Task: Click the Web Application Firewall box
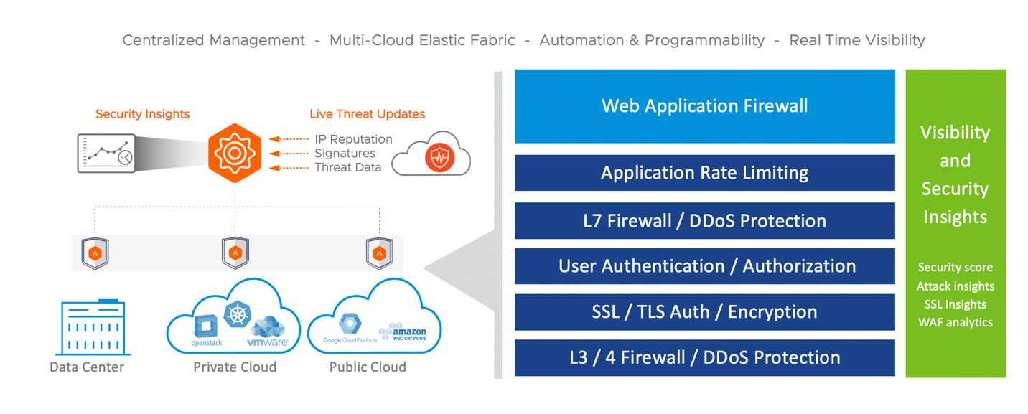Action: click(x=704, y=106)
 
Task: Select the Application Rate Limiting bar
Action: click(x=704, y=173)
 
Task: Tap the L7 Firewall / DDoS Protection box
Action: click(x=704, y=220)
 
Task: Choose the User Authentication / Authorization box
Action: click(x=704, y=266)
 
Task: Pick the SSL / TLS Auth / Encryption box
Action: click(x=704, y=312)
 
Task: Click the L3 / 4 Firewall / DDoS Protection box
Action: click(x=704, y=357)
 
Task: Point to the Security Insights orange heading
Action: click(x=142, y=114)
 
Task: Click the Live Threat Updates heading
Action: click(x=367, y=114)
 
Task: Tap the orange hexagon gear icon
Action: click(x=234, y=153)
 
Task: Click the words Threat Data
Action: click(x=347, y=167)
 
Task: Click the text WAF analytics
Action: click(x=955, y=323)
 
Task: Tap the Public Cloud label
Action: click(x=368, y=367)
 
